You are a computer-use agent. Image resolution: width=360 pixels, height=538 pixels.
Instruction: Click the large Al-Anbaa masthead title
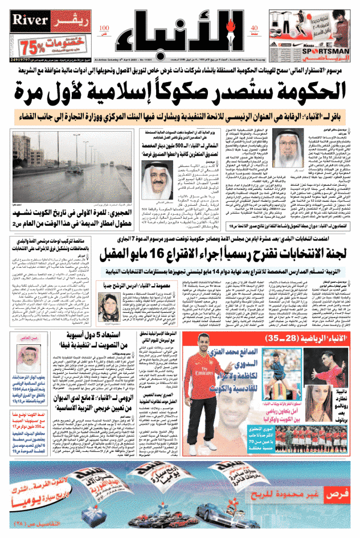point(182,30)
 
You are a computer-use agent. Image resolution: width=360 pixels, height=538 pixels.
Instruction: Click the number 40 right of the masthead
point(254,29)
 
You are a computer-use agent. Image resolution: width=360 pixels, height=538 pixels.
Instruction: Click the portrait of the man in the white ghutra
point(154,140)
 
